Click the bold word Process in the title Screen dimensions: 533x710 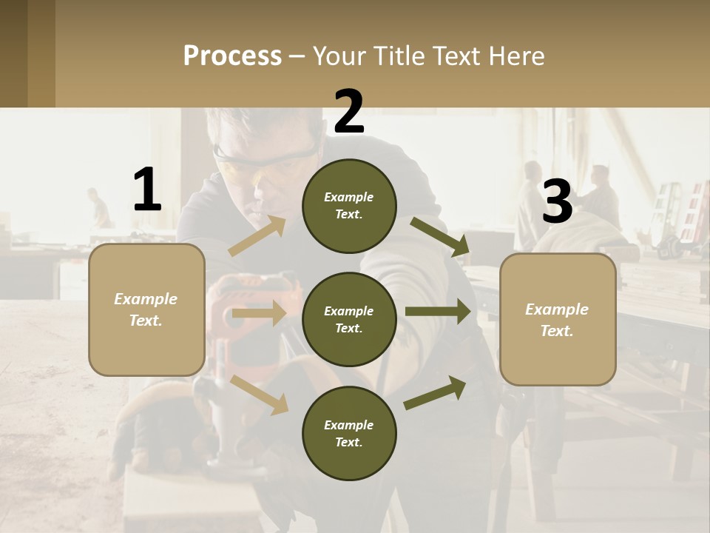(x=232, y=56)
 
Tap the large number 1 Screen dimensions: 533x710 (x=147, y=190)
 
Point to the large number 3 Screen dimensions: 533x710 (x=557, y=202)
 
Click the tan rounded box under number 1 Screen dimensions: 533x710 (x=146, y=309)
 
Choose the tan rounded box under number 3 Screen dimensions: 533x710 (x=558, y=320)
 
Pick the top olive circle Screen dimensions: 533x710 (x=349, y=206)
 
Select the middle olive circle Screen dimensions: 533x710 (x=349, y=320)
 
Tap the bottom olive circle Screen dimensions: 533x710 (x=349, y=434)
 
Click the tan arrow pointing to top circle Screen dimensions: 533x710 (x=257, y=236)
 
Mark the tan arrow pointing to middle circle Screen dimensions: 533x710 (x=259, y=314)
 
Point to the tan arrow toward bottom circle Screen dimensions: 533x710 (x=259, y=394)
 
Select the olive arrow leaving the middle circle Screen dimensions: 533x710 (x=439, y=312)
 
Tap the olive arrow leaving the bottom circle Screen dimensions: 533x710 (x=436, y=392)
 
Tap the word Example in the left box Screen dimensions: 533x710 (x=146, y=299)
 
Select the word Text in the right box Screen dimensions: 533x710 (x=557, y=331)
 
